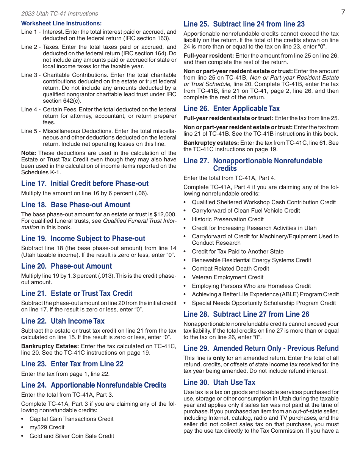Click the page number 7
(343, 12)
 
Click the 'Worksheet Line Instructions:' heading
(61, 23)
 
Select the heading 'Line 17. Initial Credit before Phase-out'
(85, 184)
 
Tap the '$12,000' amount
(165, 214)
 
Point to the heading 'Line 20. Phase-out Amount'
(67, 266)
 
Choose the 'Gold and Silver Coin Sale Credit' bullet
(72, 436)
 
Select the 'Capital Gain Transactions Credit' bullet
(71, 419)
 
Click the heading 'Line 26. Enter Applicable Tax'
(232, 109)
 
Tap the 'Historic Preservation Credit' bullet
(227, 219)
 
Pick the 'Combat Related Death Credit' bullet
(230, 269)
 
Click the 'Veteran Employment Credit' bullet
(227, 277)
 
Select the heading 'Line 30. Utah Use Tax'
(219, 383)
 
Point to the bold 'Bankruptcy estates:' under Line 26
(211, 143)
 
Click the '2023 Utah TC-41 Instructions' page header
(59, 14)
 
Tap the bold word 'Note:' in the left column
(29, 153)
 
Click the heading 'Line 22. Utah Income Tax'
(63, 321)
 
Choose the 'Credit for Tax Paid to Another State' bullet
(237, 252)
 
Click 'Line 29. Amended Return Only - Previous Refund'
(261, 349)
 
